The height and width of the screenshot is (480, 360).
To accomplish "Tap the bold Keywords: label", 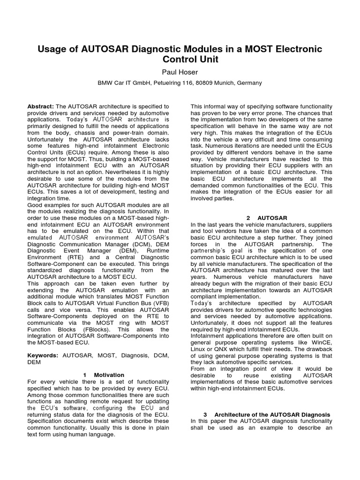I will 43,356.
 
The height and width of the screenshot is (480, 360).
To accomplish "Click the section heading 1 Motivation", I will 104,375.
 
